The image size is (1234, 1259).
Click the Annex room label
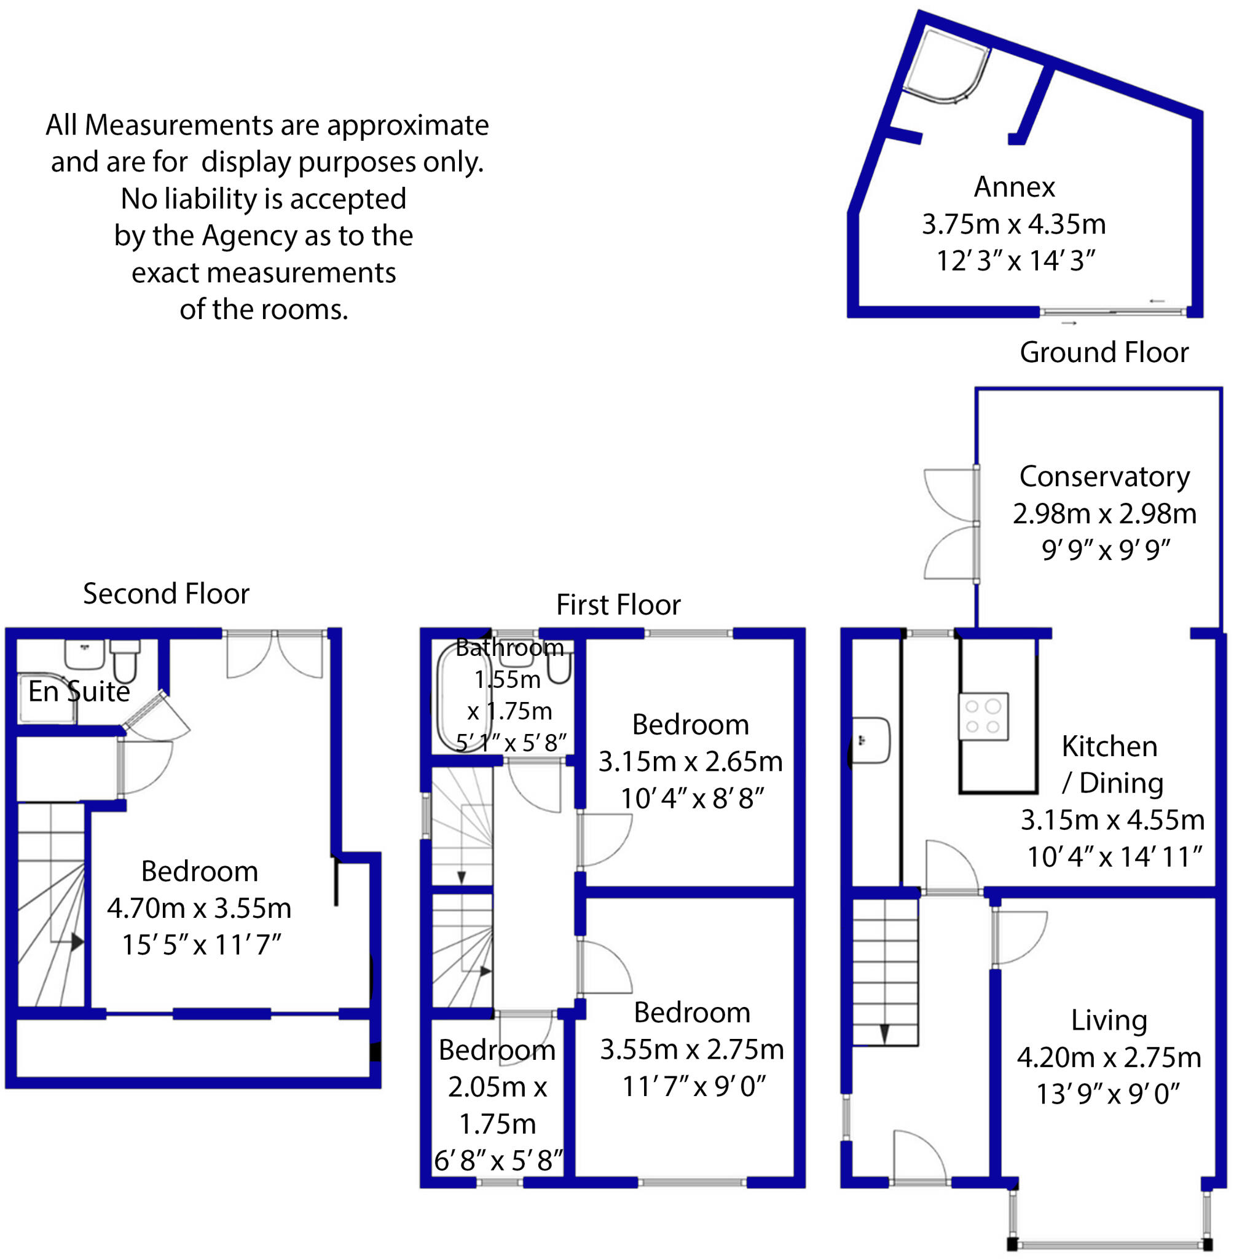point(1014,187)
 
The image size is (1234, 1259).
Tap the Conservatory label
point(1104,476)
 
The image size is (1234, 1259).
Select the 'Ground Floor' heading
point(1104,352)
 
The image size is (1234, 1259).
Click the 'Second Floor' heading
point(166,593)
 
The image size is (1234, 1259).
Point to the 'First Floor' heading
point(618,604)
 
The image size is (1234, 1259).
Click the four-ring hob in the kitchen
point(983,716)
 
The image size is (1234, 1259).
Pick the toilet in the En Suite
point(124,660)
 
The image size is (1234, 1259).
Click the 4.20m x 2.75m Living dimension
point(1109,1057)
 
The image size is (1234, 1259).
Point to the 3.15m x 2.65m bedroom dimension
point(690,762)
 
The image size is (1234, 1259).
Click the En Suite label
point(79,692)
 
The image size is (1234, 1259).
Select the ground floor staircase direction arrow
point(884,1033)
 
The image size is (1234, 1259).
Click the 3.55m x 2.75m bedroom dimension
point(691,1049)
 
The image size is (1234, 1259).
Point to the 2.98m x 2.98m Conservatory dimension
point(1104,513)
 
